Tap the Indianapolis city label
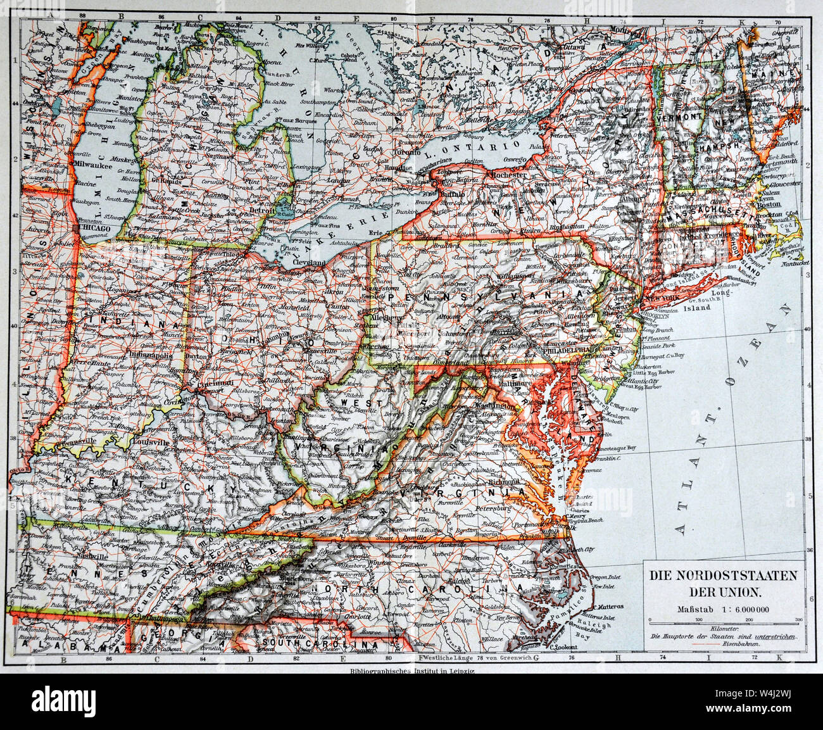[149, 356]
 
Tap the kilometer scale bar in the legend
[724, 621]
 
